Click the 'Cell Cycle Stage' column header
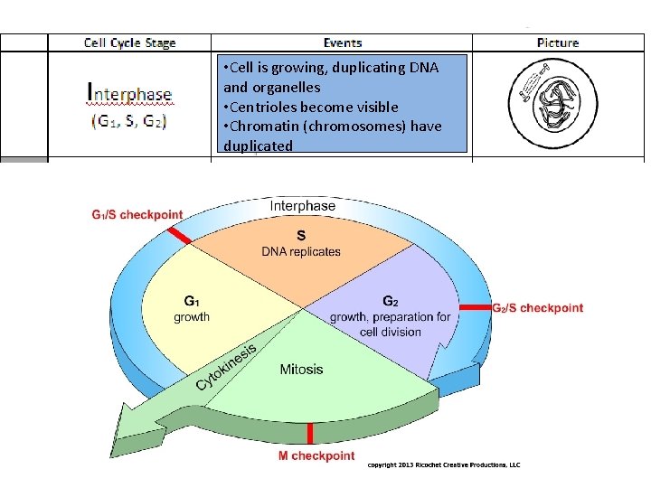[129, 42]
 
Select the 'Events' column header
[342, 42]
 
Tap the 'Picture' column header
[558, 42]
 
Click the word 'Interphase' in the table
[128, 93]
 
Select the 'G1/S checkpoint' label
[137, 214]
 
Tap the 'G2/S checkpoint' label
[537, 308]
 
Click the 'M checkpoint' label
[316, 456]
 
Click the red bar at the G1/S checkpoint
[177, 235]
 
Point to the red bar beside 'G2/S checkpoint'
[475, 307]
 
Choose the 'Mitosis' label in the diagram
[301, 369]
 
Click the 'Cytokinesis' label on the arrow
[226, 368]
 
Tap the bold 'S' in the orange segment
[301, 233]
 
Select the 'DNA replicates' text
[301, 251]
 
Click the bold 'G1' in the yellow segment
[192, 301]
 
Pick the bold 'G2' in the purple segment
[390, 301]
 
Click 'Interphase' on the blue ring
[302, 206]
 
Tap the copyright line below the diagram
[443, 465]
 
